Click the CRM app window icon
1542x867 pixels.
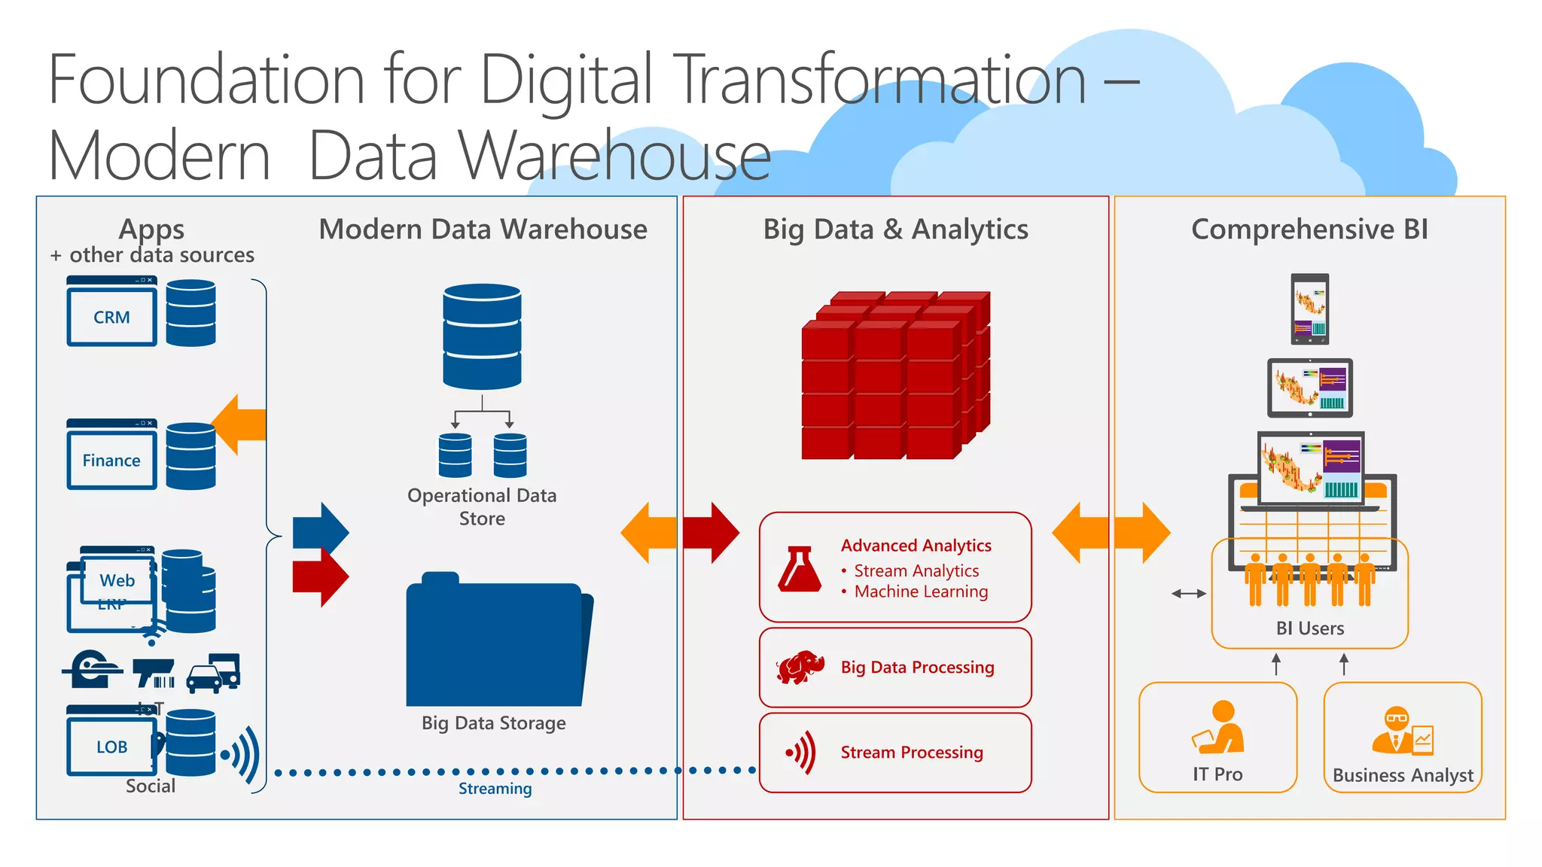[111, 312]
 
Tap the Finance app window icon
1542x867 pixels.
[111, 455]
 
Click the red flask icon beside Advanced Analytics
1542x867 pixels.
[800, 568]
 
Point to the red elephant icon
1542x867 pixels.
[800, 667]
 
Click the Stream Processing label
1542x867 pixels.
[912, 752]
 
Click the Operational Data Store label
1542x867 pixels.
[482, 507]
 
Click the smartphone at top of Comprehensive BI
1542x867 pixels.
[1310, 309]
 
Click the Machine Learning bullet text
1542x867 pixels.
[921, 592]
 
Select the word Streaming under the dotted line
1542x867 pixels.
[495, 788]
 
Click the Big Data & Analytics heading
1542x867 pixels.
[895, 229]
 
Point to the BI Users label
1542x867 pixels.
[1309, 628]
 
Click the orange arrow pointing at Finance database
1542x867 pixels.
[239, 424]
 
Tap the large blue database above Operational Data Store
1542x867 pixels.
[482, 336]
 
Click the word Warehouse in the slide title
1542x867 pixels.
[615, 157]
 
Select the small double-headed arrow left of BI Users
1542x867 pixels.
[1189, 594]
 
